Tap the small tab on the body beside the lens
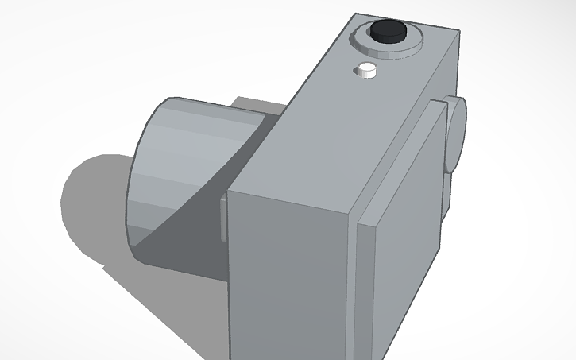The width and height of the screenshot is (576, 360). [223, 218]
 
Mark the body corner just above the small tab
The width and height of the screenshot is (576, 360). [229, 192]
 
